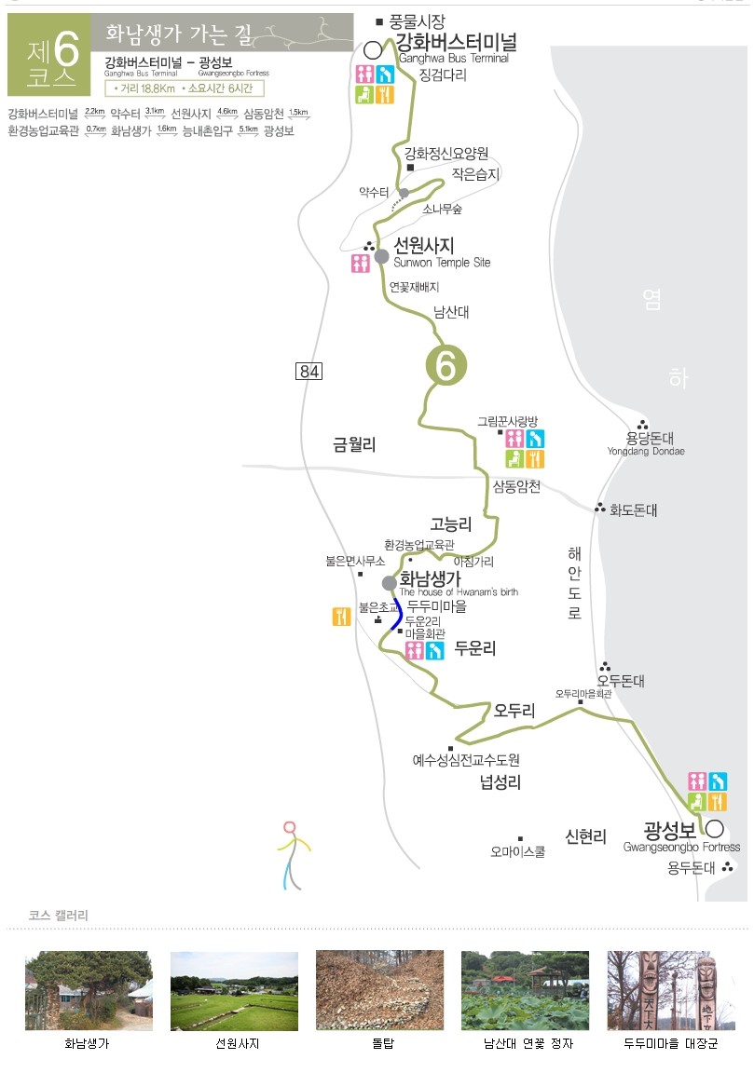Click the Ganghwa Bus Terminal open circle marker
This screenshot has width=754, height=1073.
[x=375, y=49]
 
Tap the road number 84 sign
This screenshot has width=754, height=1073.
[x=308, y=372]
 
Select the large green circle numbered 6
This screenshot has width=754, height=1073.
[x=446, y=366]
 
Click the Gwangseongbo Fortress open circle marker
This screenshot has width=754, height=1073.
[x=714, y=828]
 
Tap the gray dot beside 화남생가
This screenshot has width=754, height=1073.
[x=390, y=583]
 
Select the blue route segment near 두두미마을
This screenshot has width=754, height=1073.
[x=398, y=615]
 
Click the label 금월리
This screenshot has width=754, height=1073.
[x=354, y=445]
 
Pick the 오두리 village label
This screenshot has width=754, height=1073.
[x=514, y=711]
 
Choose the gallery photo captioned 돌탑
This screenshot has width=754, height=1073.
[x=380, y=990]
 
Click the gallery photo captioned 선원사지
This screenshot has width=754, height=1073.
[x=234, y=990]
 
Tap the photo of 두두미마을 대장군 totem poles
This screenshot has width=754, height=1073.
[x=671, y=990]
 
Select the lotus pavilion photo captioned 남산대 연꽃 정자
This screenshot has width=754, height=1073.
[x=525, y=990]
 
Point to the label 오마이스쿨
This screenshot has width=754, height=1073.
[x=517, y=850]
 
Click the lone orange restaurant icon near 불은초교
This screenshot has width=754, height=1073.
[x=341, y=616]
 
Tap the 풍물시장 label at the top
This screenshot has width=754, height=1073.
[x=417, y=20]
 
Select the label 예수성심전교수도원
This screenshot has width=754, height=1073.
[x=466, y=760]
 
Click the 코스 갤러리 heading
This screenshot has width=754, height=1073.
[x=59, y=916]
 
